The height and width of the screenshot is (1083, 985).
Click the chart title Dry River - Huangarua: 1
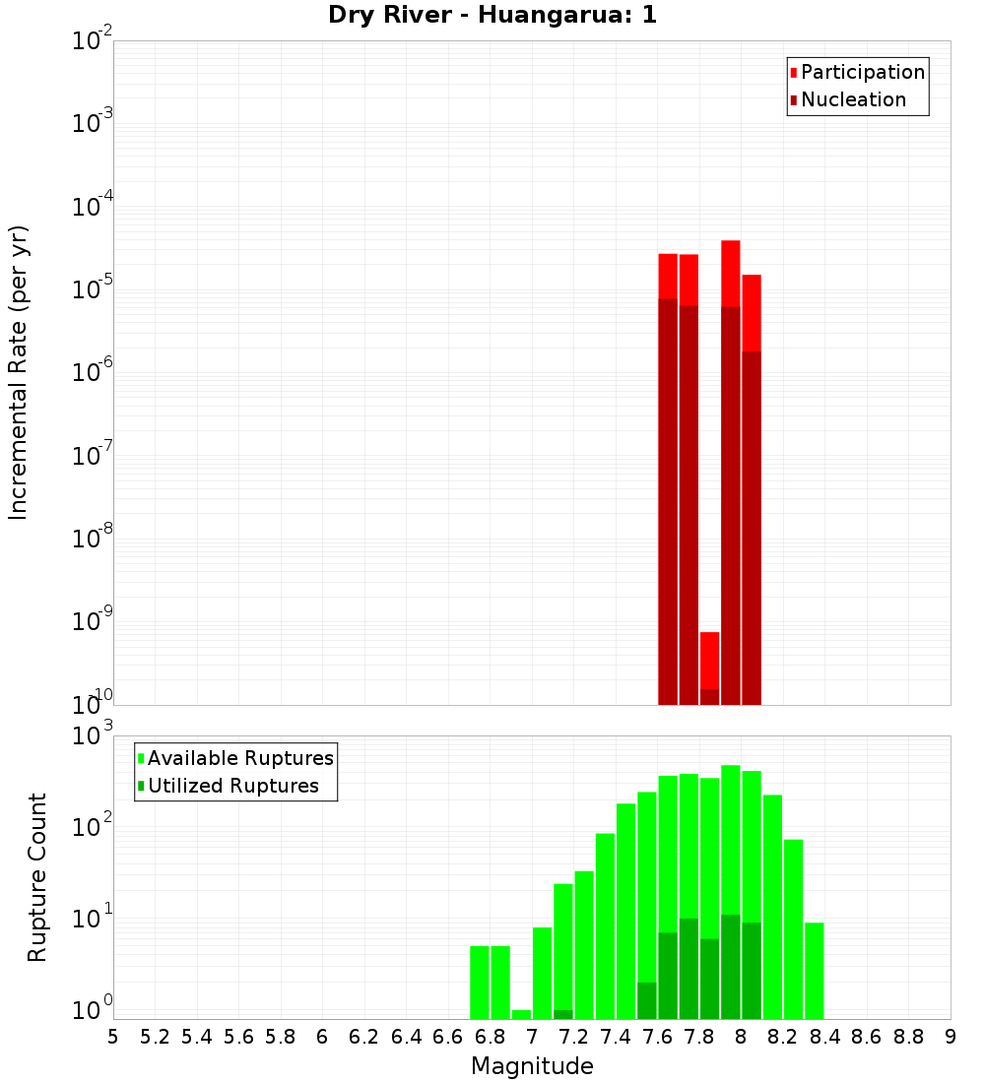(x=492, y=16)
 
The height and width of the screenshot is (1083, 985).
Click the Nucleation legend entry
(x=853, y=99)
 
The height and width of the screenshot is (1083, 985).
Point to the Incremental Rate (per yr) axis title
(x=19, y=372)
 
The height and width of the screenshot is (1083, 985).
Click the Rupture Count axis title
(x=37, y=877)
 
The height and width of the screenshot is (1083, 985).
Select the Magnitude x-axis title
(x=532, y=1066)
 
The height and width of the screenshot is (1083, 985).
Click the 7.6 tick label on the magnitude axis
(x=657, y=1037)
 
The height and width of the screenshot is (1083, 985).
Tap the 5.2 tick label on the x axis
(x=155, y=1037)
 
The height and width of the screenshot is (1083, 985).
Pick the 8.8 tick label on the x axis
(x=908, y=1037)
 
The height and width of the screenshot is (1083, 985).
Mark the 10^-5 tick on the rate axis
(x=91, y=289)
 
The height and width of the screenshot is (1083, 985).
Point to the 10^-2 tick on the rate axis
(x=91, y=41)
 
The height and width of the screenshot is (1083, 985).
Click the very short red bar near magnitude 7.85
(x=710, y=660)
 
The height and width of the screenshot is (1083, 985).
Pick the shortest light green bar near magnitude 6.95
(x=522, y=1014)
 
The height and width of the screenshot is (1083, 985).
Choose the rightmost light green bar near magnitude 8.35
(x=815, y=971)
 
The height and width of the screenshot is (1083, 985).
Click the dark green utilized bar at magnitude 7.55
(x=647, y=1000)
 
